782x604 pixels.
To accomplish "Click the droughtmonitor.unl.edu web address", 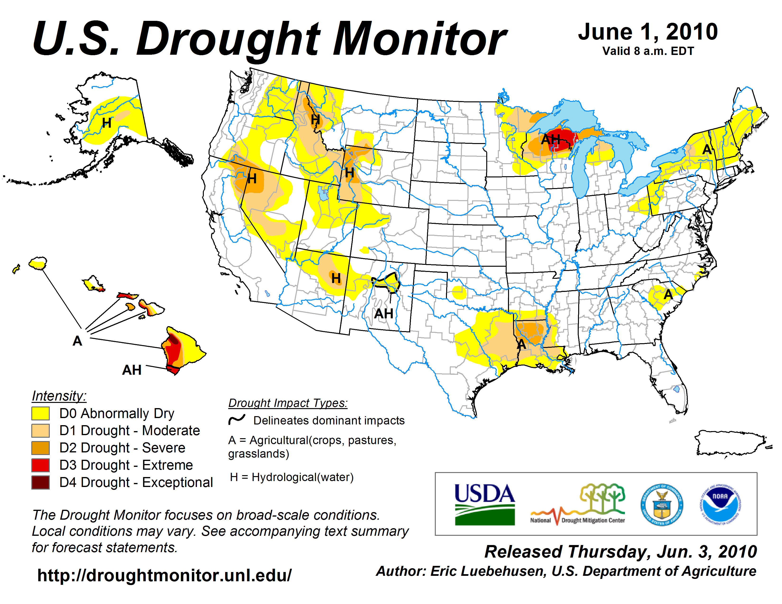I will (x=164, y=575).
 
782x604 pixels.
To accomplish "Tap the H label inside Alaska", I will (x=107, y=123).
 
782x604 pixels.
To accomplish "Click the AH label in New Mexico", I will (x=383, y=314).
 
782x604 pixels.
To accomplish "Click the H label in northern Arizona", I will (x=336, y=278).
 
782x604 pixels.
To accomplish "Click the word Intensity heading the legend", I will (x=59, y=396).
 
